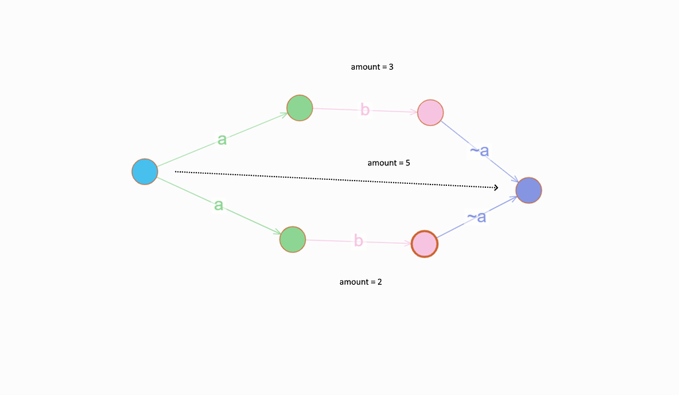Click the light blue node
[145, 172]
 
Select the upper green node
[300, 108]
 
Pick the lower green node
[292, 239]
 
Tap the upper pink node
[430, 112]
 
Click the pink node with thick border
[424, 244]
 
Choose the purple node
[529, 190]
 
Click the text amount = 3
[373, 67]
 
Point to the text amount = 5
[389, 163]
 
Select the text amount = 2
[361, 282]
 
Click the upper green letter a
[222, 139]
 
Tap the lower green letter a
[218, 205]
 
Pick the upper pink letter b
[365, 110]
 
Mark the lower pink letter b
[358, 241]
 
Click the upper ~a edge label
[479, 151]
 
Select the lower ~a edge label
[476, 216]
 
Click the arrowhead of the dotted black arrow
[495, 188]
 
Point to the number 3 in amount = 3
[392, 67]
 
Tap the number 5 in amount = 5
[407, 163]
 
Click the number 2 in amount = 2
[379, 282]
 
